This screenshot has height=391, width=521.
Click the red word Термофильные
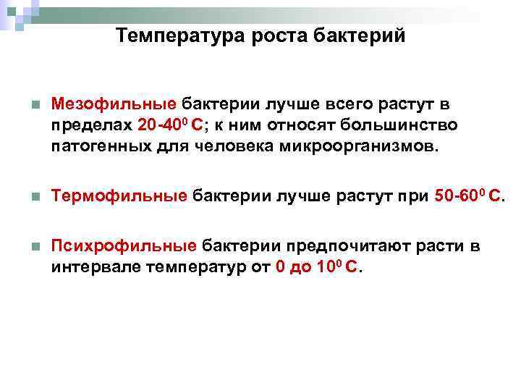point(119,196)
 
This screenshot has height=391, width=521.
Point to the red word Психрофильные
point(124,246)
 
